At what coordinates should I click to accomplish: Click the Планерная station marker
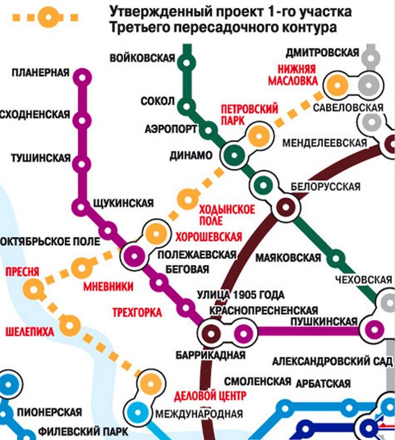[x=82, y=77]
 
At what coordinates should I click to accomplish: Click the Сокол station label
[x=157, y=101]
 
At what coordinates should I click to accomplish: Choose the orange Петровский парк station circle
[x=258, y=135]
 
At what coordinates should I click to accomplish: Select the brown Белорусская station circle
[x=285, y=207]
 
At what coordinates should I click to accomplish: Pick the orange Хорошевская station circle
[x=154, y=234]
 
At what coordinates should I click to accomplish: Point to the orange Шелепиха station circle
[x=69, y=324]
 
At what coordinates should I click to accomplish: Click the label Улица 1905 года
[x=241, y=295]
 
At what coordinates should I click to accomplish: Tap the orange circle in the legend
[x=48, y=17]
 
